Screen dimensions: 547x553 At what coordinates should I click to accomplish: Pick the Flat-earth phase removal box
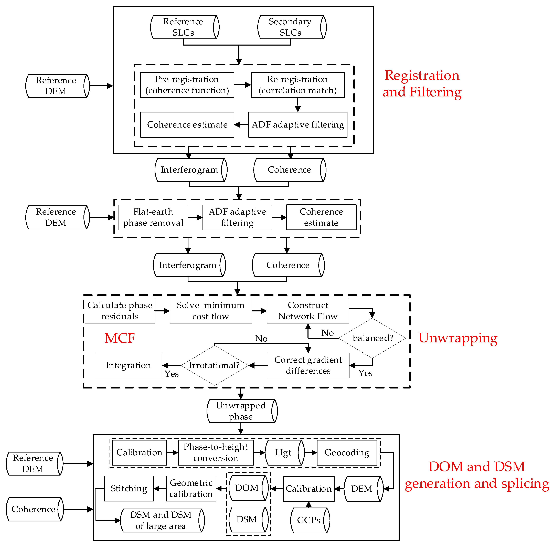coord(153,217)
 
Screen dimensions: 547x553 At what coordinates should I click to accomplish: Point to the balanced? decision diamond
coord(372,338)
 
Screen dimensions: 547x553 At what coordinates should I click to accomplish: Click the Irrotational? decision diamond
coord(215,365)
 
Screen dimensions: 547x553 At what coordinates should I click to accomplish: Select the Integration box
coord(129,365)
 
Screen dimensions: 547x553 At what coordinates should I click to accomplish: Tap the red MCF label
coord(120,338)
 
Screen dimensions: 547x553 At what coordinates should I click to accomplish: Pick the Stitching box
coord(129,488)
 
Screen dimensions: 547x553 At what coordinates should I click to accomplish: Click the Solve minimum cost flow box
coord(211,311)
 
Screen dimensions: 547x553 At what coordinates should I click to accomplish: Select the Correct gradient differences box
coord(308,365)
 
